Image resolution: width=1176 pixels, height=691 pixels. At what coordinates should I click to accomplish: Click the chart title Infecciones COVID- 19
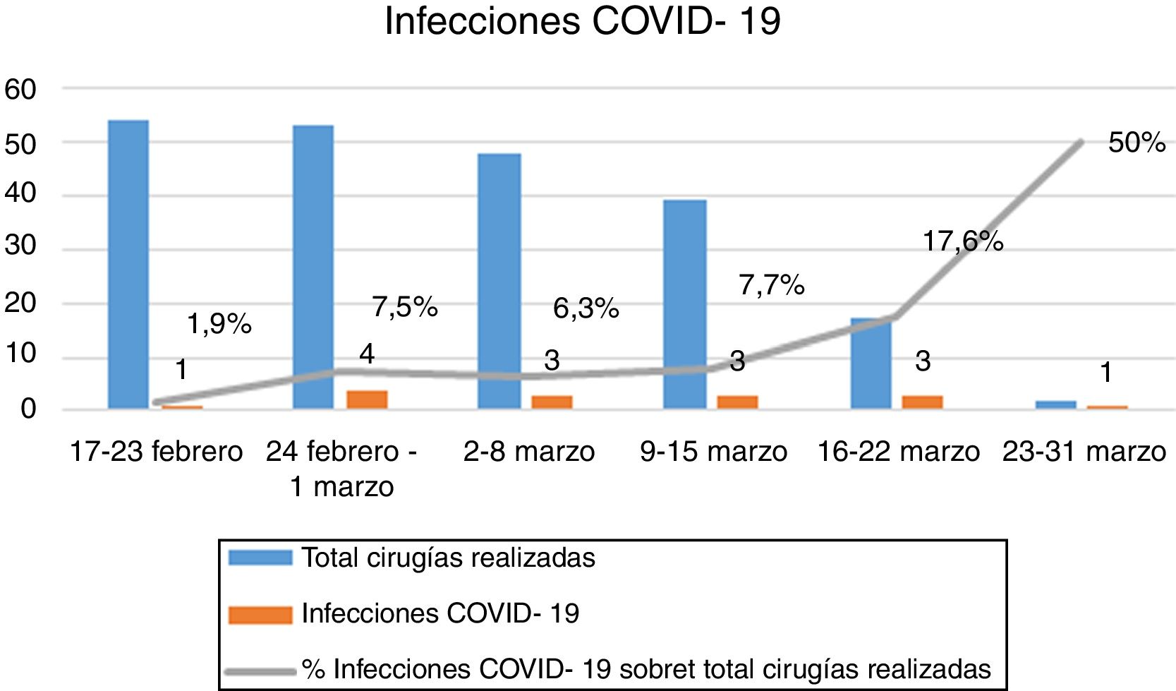point(583,21)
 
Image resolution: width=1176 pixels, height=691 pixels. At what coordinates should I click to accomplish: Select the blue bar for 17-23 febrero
point(128,265)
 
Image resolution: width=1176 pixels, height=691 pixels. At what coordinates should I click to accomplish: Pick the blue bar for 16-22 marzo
point(871,363)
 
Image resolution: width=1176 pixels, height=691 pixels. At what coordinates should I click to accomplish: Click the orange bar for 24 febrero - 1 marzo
point(367,399)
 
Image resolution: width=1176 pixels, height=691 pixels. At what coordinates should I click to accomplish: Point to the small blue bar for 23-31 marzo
point(1056,404)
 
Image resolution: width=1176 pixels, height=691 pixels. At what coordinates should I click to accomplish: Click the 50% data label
point(1136,143)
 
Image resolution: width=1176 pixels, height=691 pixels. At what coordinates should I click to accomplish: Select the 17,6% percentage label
point(963,242)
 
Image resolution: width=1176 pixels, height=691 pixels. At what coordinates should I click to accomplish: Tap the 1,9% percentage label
point(219,325)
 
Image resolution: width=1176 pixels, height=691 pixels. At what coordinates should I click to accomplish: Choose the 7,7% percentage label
point(771,285)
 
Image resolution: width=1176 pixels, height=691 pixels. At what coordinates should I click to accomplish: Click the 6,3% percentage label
point(586,308)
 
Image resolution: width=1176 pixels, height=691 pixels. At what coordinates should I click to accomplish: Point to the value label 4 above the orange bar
point(366,354)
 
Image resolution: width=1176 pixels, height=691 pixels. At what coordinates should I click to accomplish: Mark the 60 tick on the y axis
point(20,90)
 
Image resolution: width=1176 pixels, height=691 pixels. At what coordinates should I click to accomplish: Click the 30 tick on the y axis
point(20,246)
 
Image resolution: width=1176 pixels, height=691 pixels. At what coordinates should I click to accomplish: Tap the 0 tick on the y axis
point(28,409)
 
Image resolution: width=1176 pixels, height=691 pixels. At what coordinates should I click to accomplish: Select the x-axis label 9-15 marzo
point(713,452)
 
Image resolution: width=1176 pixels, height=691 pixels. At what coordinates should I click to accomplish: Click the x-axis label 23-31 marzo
point(1084,452)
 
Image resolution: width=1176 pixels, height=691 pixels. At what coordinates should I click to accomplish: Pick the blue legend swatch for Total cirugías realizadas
point(260,558)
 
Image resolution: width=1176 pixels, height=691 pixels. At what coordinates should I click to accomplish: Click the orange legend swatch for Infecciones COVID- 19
point(260,614)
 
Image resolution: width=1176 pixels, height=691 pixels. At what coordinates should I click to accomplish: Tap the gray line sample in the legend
point(260,671)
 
